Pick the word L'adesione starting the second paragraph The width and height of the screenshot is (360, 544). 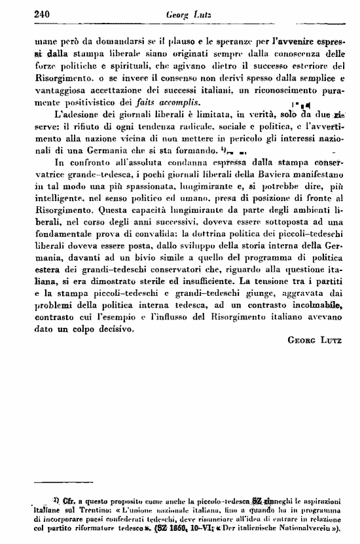[x=67, y=115]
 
